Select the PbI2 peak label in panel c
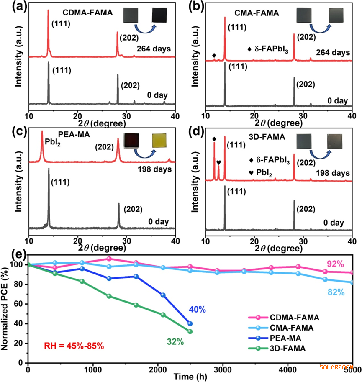[x=52, y=153]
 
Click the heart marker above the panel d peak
[x=218, y=162]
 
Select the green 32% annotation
[x=175, y=342]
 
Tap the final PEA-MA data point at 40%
[x=190, y=323]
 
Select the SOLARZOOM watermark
[x=338, y=367]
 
